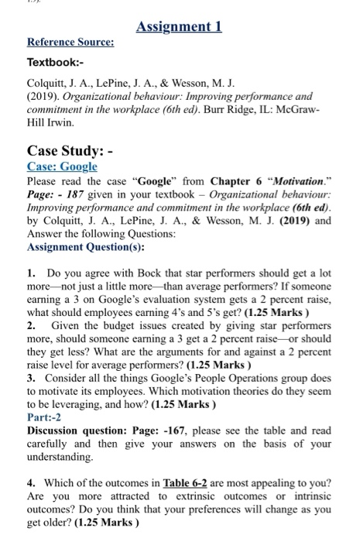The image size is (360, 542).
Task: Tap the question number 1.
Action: tap(30, 274)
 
